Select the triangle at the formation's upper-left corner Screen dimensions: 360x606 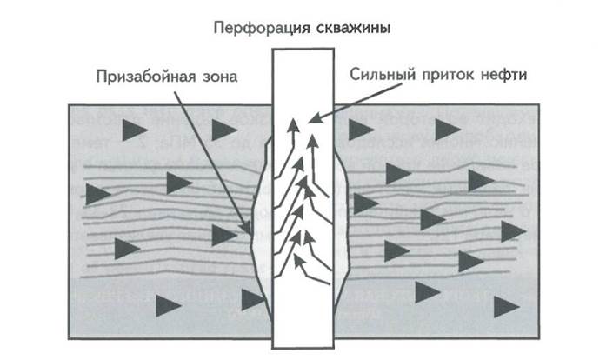(135, 129)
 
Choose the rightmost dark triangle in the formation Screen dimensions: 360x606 (513, 231)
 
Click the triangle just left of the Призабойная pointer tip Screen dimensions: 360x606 (223, 233)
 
